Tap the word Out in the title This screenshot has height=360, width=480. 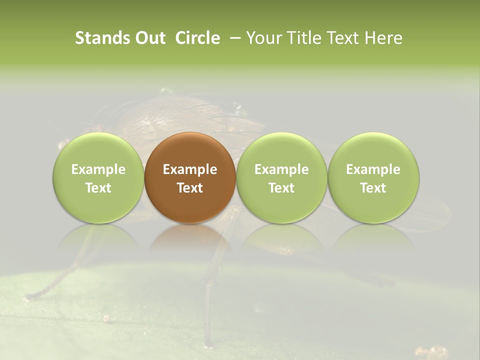pyautogui.click(x=149, y=38)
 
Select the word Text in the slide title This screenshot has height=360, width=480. pyautogui.click(x=344, y=38)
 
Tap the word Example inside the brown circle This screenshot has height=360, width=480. pyautogui.click(x=190, y=169)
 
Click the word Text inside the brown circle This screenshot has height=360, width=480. pyautogui.click(x=190, y=188)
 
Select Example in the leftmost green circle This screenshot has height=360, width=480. pyautogui.click(x=98, y=169)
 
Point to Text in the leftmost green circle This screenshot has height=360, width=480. pyautogui.click(x=98, y=188)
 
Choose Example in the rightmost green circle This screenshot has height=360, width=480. pyautogui.click(x=373, y=169)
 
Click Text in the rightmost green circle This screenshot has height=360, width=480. pyautogui.click(x=373, y=188)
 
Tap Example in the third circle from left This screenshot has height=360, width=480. pyautogui.click(x=281, y=169)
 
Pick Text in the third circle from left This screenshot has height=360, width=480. pyautogui.click(x=281, y=188)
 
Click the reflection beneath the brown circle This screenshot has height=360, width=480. pyautogui.click(x=190, y=237)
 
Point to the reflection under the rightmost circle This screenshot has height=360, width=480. pyautogui.click(x=373, y=237)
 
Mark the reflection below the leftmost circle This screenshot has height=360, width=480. pyautogui.click(x=98, y=237)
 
